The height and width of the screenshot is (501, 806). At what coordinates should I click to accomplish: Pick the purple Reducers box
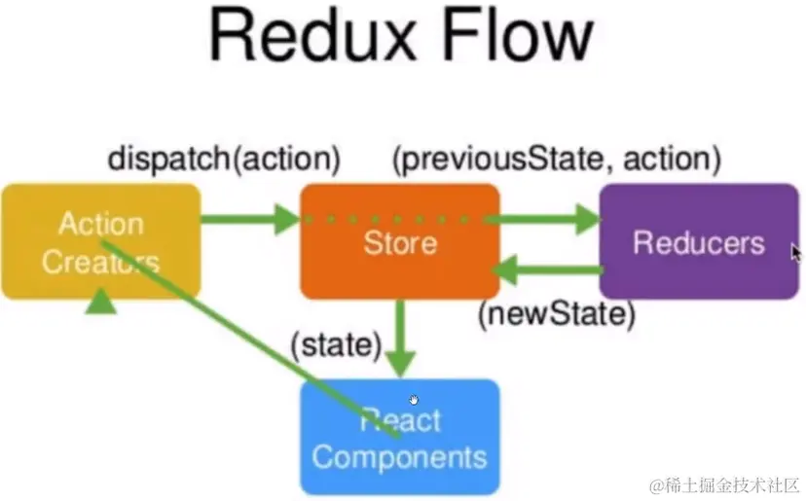pyautogui.click(x=697, y=242)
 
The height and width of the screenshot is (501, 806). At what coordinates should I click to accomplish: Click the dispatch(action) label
pyautogui.click(x=224, y=157)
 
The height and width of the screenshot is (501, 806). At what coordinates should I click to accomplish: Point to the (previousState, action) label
pyautogui.click(x=556, y=157)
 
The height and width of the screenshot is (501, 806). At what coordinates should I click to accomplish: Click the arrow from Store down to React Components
pyautogui.click(x=400, y=336)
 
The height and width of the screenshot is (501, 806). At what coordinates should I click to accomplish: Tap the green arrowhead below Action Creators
pyautogui.click(x=100, y=304)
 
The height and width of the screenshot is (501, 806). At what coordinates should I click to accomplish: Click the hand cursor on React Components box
pyautogui.click(x=416, y=400)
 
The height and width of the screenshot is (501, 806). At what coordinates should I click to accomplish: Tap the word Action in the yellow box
pyautogui.click(x=99, y=224)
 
